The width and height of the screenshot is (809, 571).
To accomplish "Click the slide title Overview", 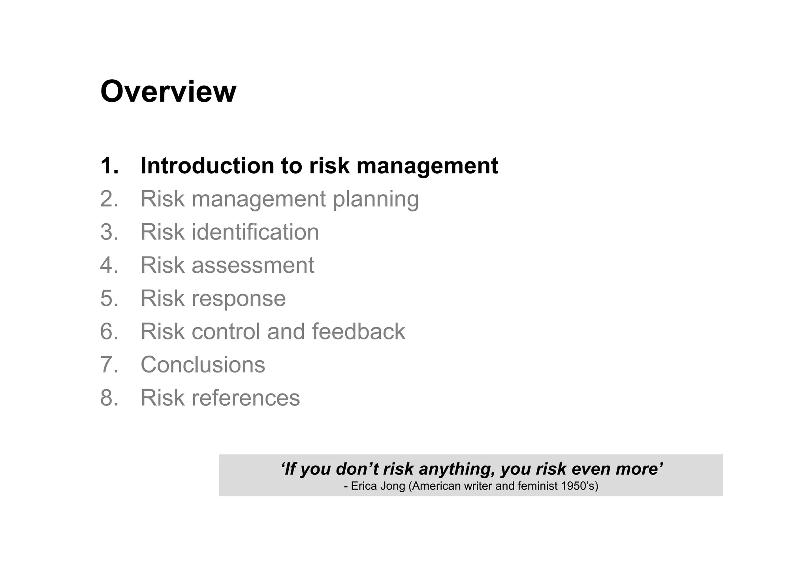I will (x=168, y=92).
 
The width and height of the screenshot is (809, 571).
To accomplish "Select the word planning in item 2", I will (x=376, y=199).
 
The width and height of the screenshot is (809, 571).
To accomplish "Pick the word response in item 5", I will (x=239, y=298).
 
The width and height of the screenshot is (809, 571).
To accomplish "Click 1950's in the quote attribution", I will (x=578, y=486).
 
